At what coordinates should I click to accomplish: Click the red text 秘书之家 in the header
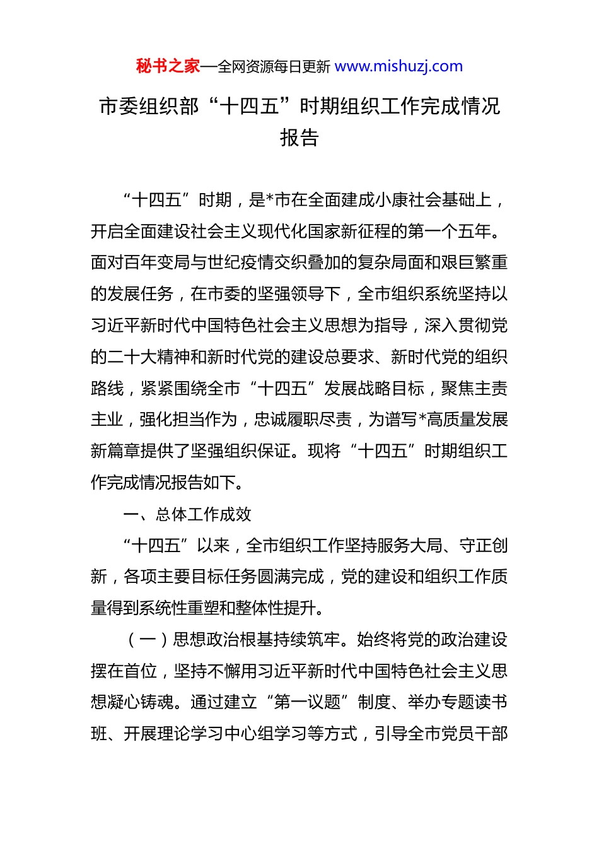tap(168, 66)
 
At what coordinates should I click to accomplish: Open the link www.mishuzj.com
tap(398, 66)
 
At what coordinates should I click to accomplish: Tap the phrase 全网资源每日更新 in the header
tap(274, 66)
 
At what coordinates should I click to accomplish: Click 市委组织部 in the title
tap(149, 106)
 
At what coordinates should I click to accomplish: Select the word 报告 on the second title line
tap(299, 138)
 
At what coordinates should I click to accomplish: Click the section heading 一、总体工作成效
tap(187, 514)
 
